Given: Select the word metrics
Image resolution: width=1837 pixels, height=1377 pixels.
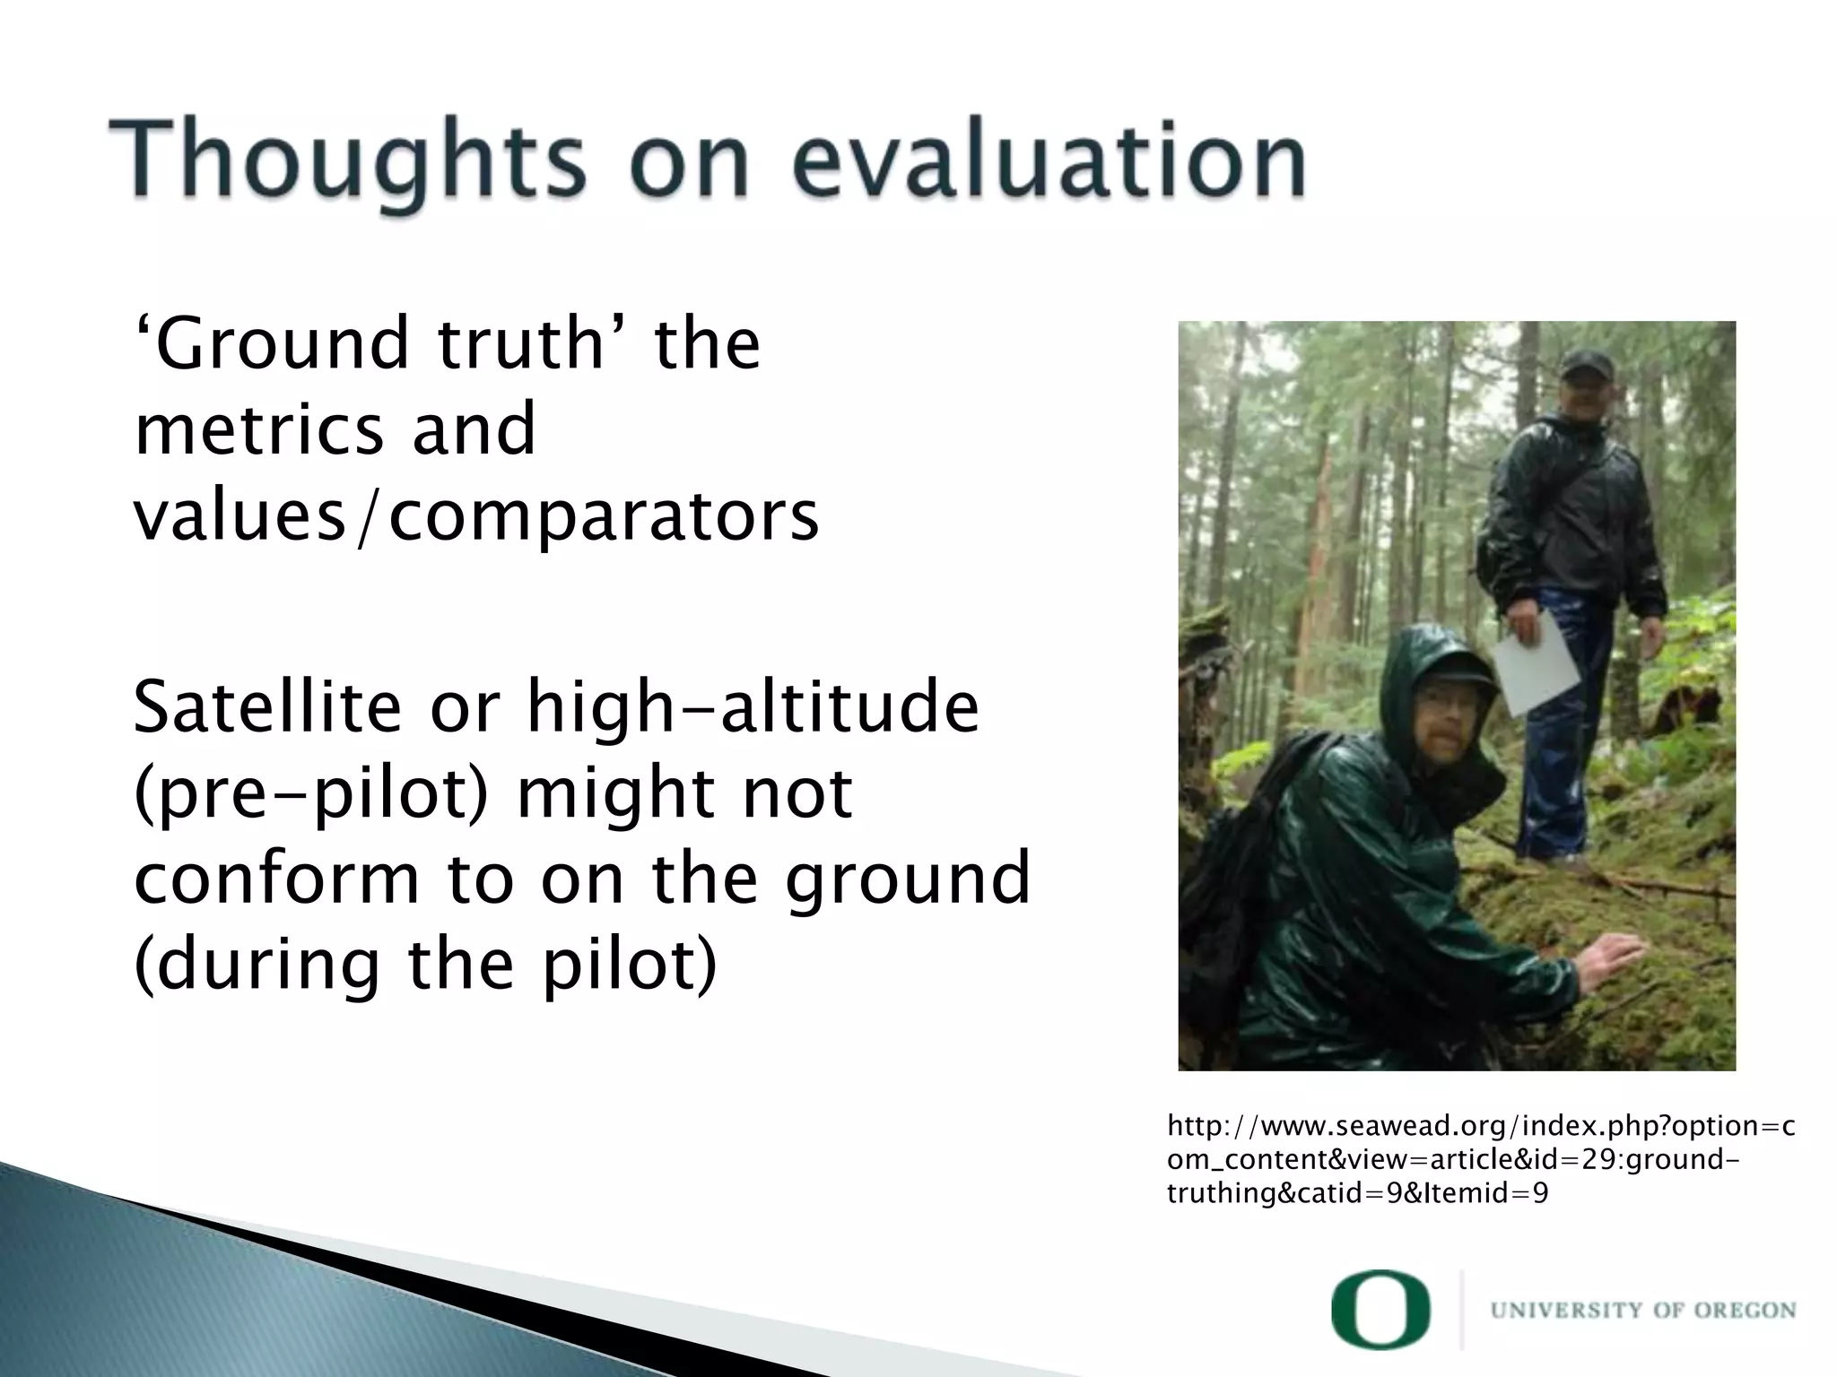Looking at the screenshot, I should tap(261, 429).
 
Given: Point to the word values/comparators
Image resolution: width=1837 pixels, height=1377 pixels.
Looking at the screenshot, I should tap(476, 516).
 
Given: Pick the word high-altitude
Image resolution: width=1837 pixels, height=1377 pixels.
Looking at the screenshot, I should tap(753, 707).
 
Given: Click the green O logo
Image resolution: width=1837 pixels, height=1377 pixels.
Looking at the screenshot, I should tap(1380, 1310).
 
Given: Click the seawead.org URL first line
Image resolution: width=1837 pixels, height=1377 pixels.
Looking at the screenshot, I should tap(1480, 1126).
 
